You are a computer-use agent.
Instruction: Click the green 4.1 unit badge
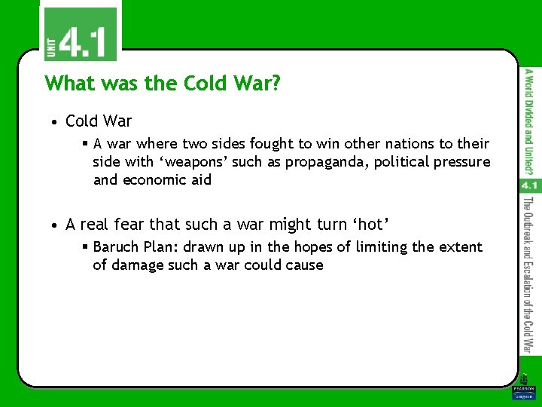pyautogui.click(x=79, y=34)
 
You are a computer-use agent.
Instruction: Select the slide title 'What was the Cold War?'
pyautogui.click(x=163, y=83)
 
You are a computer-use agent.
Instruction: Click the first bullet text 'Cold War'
pyautogui.click(x=99, y=121)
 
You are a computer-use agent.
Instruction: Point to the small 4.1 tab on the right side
pyautogui.click(x=528, y=185)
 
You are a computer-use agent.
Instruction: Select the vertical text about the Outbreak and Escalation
pyautogui.click(x=528, y=275)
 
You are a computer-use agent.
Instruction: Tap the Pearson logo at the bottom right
pyautogui.click(x=522, y=390)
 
